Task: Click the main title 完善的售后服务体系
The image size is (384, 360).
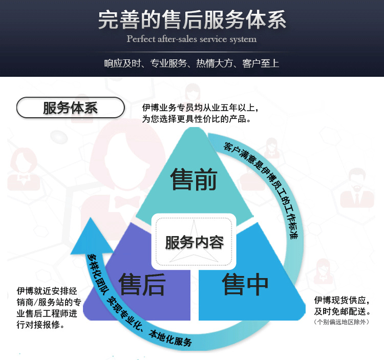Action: [192, 19]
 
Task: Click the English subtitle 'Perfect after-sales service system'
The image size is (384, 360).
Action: [192, 39]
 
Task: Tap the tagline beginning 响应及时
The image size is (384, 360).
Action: [192, 63]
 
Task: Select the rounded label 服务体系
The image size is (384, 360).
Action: [71, 108]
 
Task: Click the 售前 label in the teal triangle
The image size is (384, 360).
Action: [194, 179]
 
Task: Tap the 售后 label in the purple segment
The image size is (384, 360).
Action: [142, 284]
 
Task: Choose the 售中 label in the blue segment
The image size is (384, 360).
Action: [245, 284]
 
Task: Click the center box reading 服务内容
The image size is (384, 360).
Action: [194, 242]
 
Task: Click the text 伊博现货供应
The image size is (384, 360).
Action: [341, 300]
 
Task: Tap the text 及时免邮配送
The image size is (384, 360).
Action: [342, 311]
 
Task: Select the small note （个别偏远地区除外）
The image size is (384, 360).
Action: [341, 322]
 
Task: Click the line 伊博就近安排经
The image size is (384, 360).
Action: [47, 291]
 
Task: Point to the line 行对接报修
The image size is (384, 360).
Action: [40, 325]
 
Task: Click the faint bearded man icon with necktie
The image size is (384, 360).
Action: [357, 188]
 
